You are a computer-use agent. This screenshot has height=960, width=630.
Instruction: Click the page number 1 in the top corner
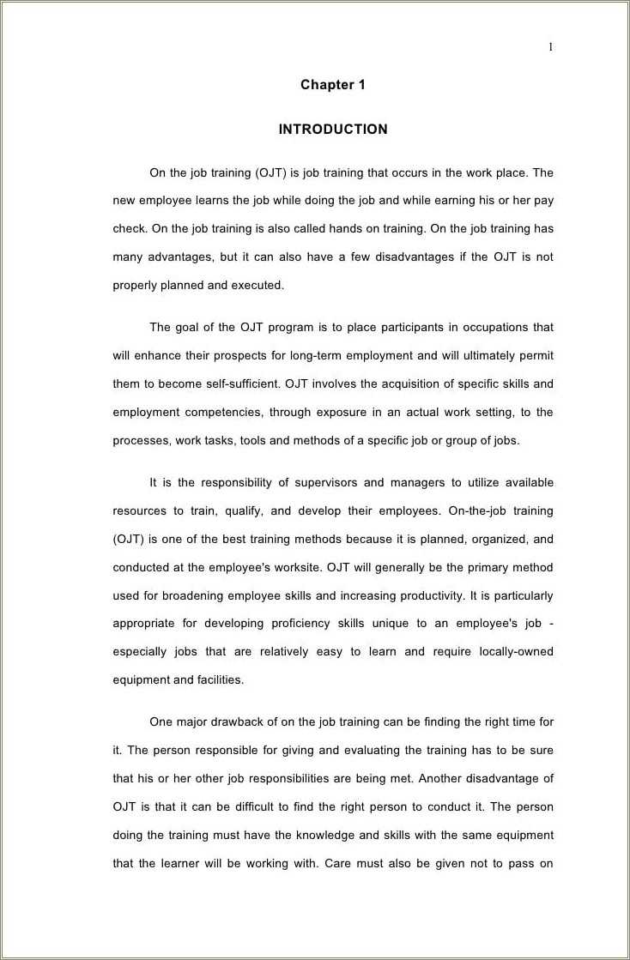coord(551,47)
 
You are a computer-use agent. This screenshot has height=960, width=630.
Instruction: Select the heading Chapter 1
coord(333,85)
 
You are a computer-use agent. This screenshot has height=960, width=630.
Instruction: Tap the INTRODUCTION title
coord(333,130)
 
